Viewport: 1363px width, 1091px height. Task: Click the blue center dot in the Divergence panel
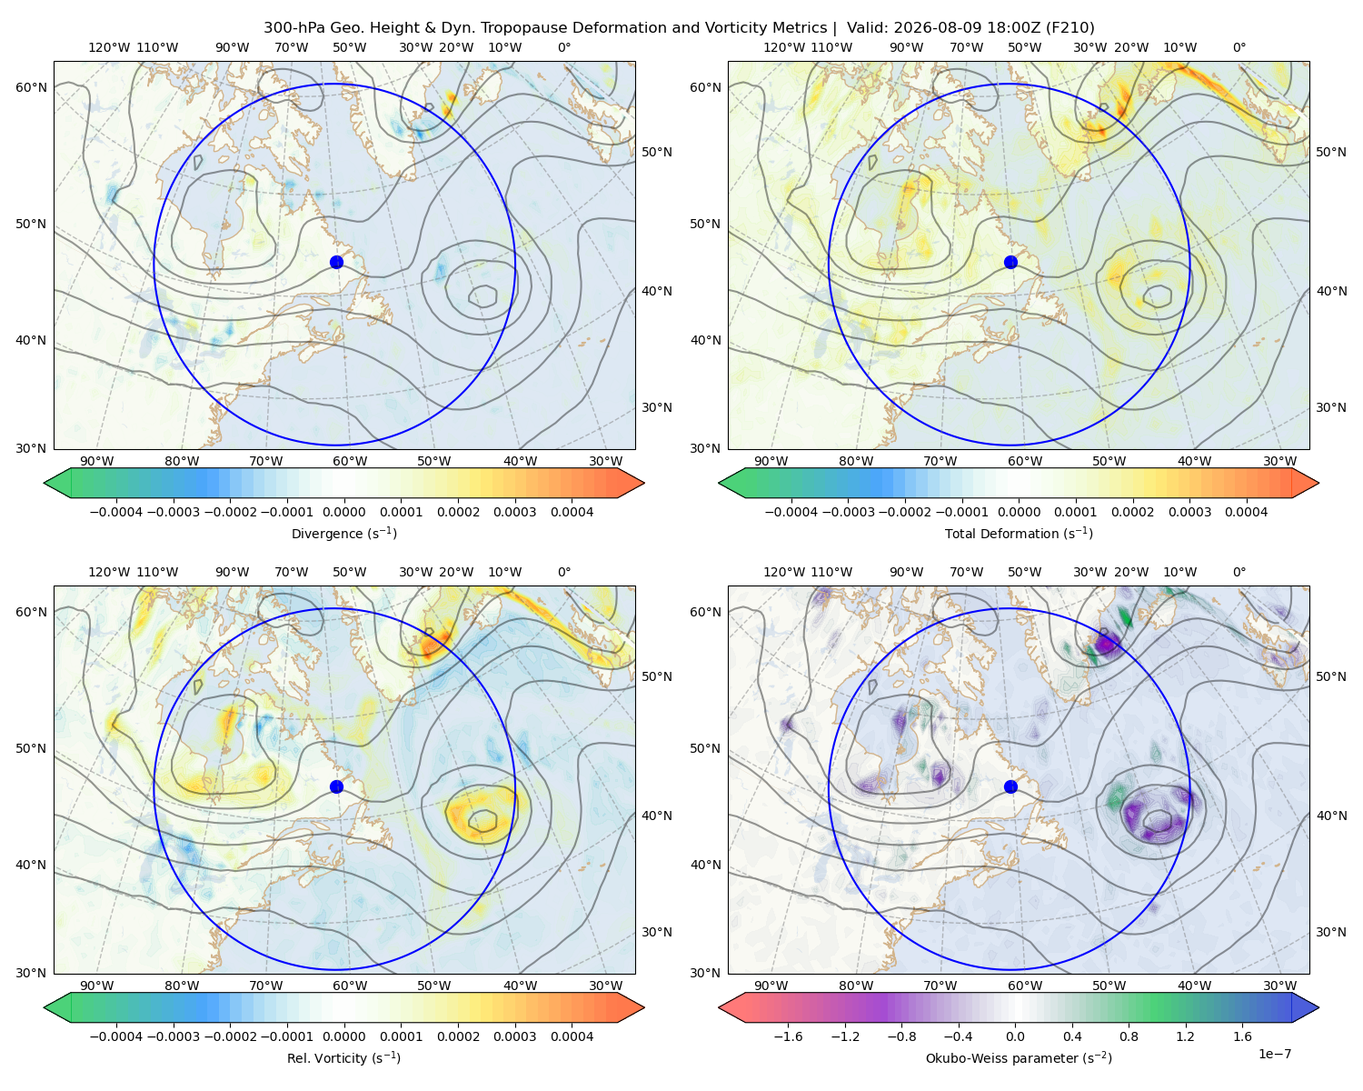(336, 262)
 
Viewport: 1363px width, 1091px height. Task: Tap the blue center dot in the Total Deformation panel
(1010, 262)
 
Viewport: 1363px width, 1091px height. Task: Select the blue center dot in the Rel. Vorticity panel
(336, 786)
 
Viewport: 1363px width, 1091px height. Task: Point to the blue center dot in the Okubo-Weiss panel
(1010, 786)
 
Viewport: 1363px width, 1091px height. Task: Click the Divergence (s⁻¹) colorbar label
(343, 533)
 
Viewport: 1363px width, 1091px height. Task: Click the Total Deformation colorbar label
(1019, 533)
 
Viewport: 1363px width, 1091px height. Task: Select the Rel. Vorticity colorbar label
(343, 1057)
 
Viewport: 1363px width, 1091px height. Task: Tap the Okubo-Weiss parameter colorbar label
(1019, 1057)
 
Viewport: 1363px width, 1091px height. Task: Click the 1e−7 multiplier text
(1274, 1054)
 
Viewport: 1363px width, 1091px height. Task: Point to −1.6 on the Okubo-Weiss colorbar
(788, 1036)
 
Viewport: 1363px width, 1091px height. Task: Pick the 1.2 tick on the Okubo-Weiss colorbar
(1185, 1036)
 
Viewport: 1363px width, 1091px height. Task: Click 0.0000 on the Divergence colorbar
(343, 512)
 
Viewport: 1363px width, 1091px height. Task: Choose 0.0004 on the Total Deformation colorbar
(1246, 512)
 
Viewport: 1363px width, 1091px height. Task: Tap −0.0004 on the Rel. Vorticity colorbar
(116, 1036)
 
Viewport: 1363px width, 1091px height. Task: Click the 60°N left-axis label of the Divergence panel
(31, 87)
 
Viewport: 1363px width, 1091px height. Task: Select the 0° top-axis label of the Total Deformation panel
(1239, 47)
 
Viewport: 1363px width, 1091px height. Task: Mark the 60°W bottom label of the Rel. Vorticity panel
(350, 986)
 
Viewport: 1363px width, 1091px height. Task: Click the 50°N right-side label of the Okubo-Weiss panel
(1330, 676)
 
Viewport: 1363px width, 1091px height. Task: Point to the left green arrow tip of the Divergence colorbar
(45, 483)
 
